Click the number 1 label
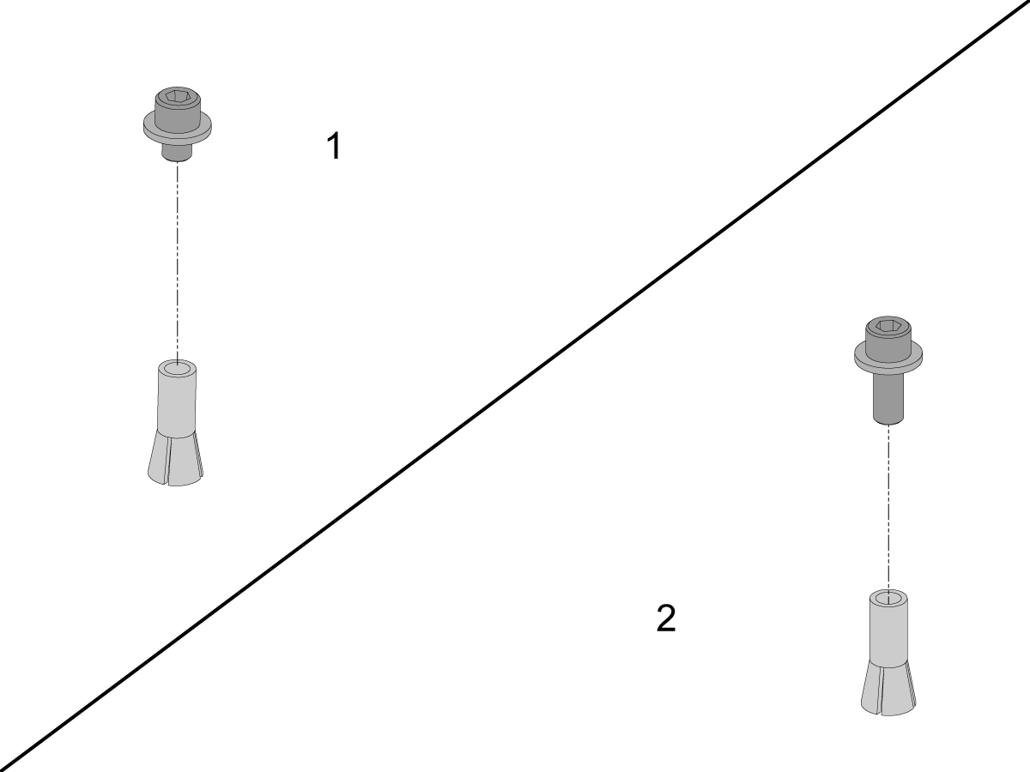coord(334,146)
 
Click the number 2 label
coord(666,618)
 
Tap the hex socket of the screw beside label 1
coord(178,96)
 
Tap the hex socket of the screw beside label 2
coord(888,326)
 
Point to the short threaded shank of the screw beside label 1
coord(178,152)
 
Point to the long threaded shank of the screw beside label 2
coord(888,398)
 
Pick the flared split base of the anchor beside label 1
coord(177,459)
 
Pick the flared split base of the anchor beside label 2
coord(888,688)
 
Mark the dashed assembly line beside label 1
coord(178,262)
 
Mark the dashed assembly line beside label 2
coord(888,509)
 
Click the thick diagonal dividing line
coord(515,386)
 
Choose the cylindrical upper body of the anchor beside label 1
coord(178,398)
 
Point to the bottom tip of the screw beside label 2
coord(888,423)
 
